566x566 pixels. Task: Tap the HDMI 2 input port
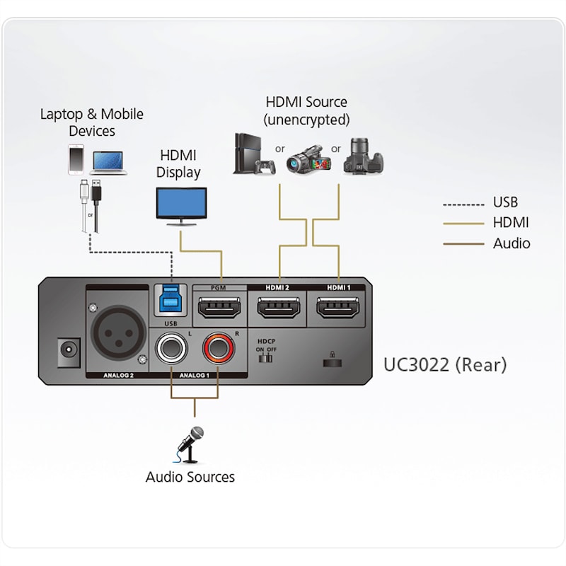click(277, 309)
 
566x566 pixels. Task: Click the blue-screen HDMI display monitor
click(181, 206)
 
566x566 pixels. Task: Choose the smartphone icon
click(76, 160)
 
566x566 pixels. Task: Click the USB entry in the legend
click(504, 203)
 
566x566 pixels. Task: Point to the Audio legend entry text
click(511, 243)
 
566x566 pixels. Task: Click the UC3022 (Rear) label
click(444, 364)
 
